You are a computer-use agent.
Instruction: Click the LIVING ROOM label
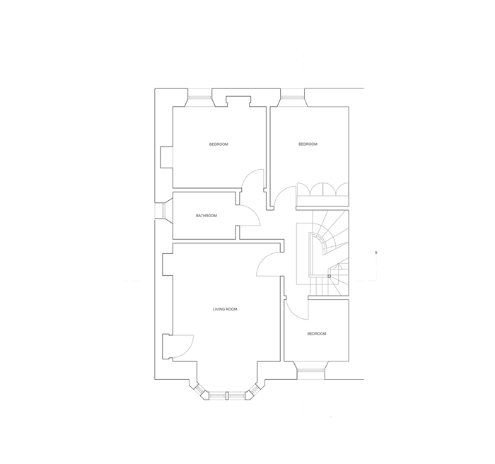point(225,309)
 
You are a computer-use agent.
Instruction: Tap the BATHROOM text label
point(206,216)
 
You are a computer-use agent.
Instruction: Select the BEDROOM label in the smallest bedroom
point(317,333)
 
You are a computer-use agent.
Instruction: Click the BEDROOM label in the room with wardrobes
point(308,144)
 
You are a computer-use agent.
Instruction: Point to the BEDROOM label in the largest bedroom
point(219,144)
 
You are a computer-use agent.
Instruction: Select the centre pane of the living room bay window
point(226,395)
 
